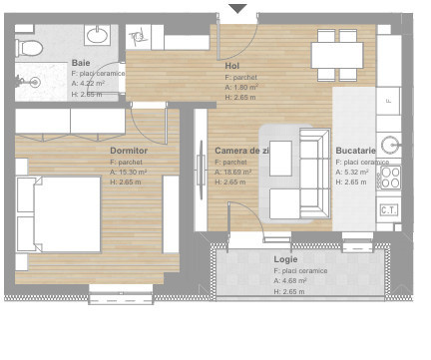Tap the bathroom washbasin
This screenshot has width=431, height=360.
tap(98, 36)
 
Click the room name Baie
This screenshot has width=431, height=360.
tap(81, 63)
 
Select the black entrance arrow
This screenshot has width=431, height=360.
tap(237, 10)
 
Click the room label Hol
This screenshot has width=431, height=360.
tap(232, 66)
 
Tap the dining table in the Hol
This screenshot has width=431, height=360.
tap(337, 54)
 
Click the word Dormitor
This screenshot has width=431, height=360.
tap(129, 151)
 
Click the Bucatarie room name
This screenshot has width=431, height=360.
tap(356, 151)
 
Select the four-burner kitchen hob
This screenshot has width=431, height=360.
tap(389, 178)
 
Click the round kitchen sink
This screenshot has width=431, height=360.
tap(389, 145)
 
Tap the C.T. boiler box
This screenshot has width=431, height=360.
tap(389, 209)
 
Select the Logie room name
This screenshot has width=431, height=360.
tap(286, 259)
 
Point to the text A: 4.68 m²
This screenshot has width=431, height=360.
tap(290, 280)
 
